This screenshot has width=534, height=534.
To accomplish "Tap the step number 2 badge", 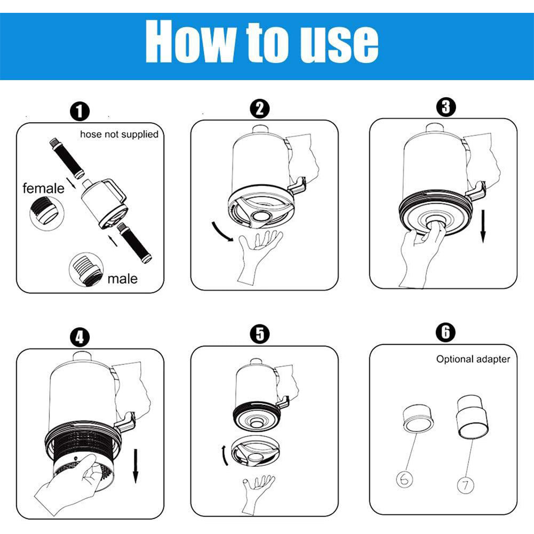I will (x=259, y=109).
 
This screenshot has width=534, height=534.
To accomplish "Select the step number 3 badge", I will (x=445, y=107).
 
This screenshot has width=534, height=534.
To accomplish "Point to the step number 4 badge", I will (x=79, y=337).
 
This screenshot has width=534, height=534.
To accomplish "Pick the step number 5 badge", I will (x=259, y=334).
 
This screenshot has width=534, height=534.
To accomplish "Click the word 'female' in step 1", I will (x=43, y=188).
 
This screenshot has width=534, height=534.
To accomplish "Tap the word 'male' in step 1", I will (x=122, y=278).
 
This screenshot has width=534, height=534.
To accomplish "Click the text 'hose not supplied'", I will (x=119, y=134).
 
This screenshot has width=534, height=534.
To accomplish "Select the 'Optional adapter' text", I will (x=473, y=359).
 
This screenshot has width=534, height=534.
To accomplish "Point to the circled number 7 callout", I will (x=466, y=485).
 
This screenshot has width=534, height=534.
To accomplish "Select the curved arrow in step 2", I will (x=221, y=231).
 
